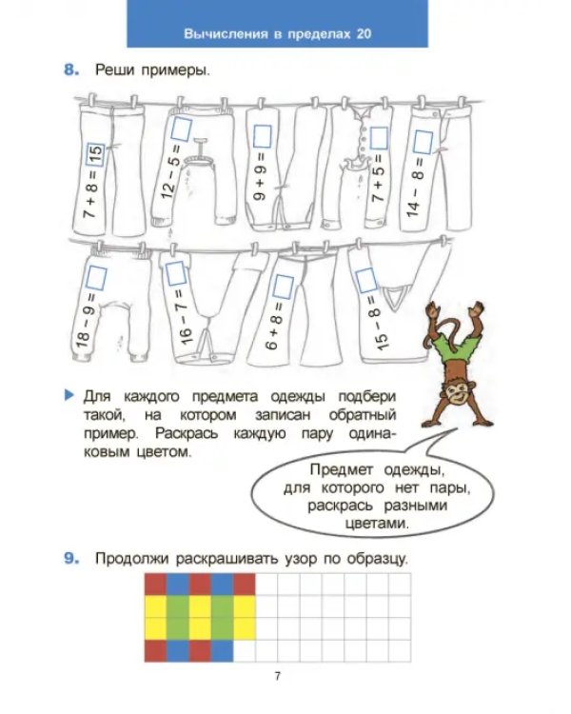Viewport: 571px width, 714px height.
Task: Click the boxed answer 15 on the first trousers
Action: [95, 155]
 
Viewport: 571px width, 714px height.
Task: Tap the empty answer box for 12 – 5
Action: [181, 129]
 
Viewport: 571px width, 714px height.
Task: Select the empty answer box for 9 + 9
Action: [263, 136]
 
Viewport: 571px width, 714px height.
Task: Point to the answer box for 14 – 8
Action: [423, 142]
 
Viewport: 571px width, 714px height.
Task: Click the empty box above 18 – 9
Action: [96, 279]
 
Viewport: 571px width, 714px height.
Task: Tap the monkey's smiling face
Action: [458, 393]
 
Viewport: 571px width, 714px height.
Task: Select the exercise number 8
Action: [71, 70]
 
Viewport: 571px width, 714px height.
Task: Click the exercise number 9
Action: [71, 558]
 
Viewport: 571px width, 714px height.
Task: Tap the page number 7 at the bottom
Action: [277, 676]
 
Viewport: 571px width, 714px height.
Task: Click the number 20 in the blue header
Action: [364, 33]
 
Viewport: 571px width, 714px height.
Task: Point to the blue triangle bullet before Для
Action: [69, 394]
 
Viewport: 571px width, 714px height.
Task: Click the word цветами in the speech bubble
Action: [377, 524]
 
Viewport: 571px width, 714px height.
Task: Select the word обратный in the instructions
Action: [362, 415]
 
